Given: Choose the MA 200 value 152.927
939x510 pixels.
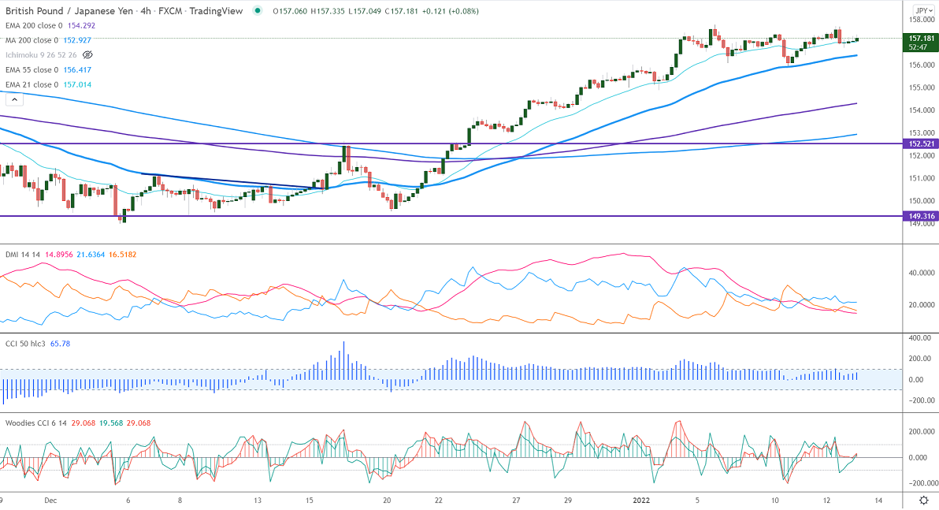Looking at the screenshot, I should click(75, 40).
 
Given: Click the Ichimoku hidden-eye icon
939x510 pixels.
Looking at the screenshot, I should click(87, 55).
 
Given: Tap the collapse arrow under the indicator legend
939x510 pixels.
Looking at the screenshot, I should click(13, 99).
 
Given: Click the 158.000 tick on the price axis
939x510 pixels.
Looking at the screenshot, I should click(921, 20).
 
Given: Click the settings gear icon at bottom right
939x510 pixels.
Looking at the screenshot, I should click(923, 500).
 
